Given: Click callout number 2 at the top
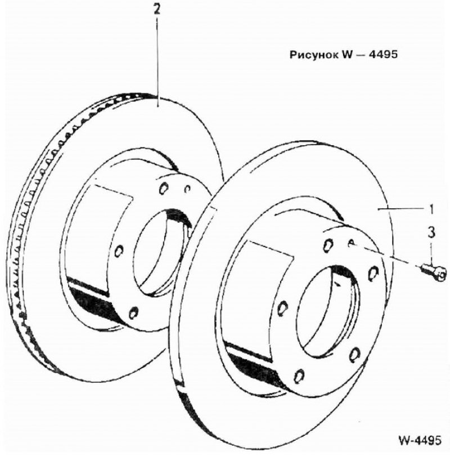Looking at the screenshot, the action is [x=156, y=10].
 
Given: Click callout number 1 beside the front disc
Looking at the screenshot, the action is [x=431, y=209].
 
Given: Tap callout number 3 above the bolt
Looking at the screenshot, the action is [x=431, y=233].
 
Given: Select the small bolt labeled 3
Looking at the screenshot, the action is [x=434, y=271].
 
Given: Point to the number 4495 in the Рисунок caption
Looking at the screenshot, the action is [x=383, y=55].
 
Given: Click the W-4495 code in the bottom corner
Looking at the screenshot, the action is [x=420, y=440].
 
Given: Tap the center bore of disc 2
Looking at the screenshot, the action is [x=163, y=253].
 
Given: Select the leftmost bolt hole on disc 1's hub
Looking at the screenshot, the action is [x=282, y=309].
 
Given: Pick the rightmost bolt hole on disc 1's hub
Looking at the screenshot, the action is [x=373, y=274].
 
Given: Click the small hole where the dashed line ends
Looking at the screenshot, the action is [x=351, y=242].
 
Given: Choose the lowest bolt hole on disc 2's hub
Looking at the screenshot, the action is [x=133, y=313].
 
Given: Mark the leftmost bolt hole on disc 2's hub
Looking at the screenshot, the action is [x=119, y=251].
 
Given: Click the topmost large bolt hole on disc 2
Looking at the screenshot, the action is [x=163, y=188].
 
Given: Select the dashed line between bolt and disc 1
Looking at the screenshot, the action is [x=386, y=256].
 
